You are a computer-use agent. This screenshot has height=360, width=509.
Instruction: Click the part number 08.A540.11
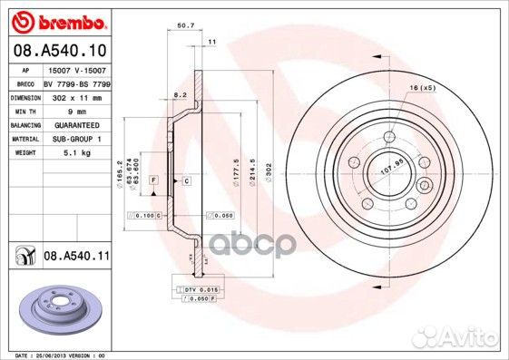coord(76,258)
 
